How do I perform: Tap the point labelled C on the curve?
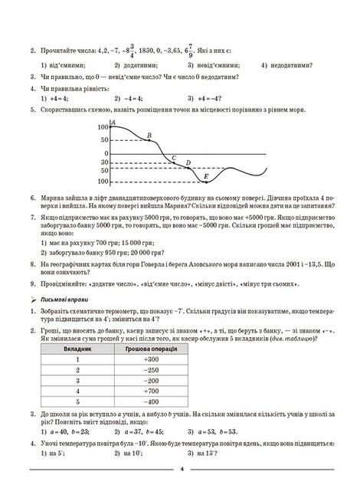[x=174, y=162]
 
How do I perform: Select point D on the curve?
[x=188, y=168]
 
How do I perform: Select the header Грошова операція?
[x=151, y=348]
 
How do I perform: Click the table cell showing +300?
[x=151, y=359]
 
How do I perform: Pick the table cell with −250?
[x=151, y=369]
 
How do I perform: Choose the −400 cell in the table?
[x=151, y=401]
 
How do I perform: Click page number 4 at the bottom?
[x=182, y=470]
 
